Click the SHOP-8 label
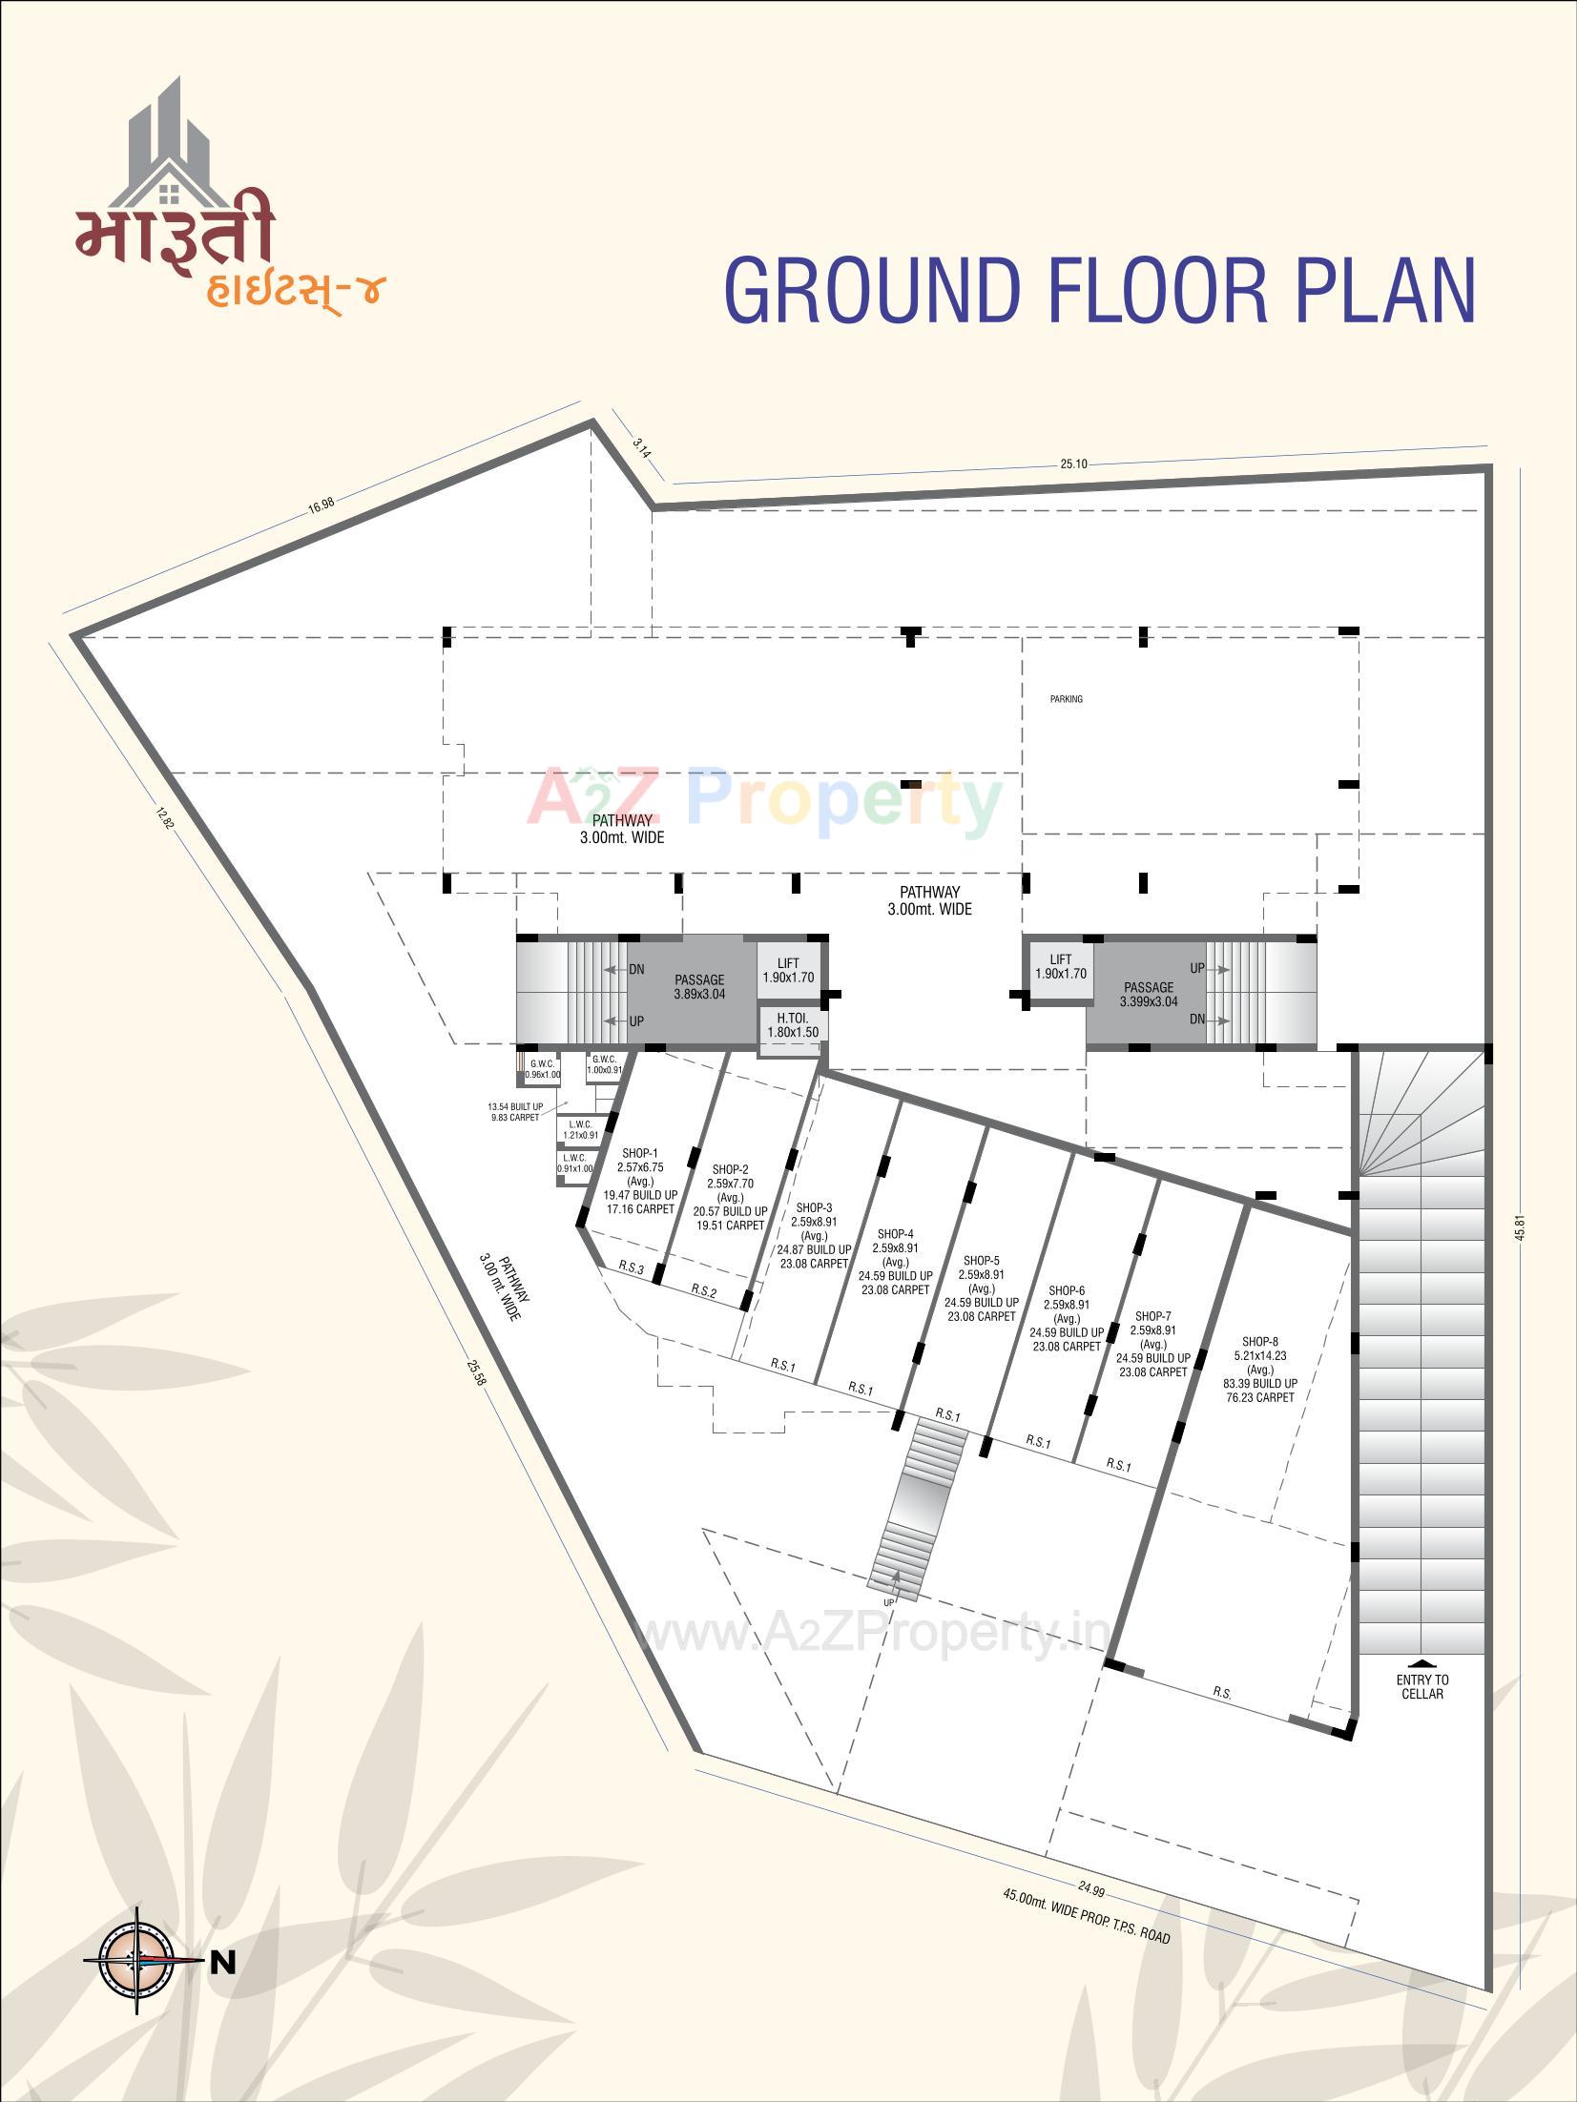pos(1260,1342)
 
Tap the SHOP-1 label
pos(639,1154)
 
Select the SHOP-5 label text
pos(981,1261)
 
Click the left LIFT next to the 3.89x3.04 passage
pos(788,970)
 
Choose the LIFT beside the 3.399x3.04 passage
pos(1061,966)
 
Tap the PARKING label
pos(1067,699)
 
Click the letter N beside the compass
pos(223,1906)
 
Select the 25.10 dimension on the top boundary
pos(1073,464)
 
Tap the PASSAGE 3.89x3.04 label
pos(699,986)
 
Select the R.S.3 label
pos(632,1268)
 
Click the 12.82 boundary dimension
pos(164,819)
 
